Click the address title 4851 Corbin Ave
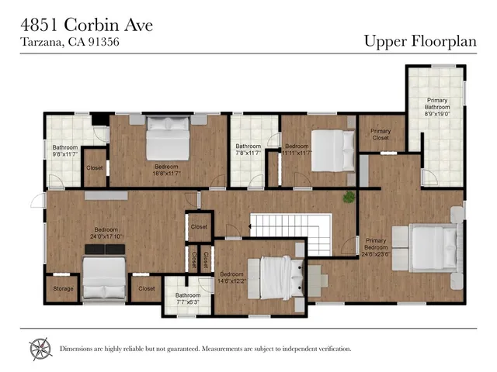pyautogui.click(x=85, y=25)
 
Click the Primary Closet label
pyautogui.click(x=381, y=136)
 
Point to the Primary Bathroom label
pyautogui.click(x=436, y=107)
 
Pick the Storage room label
pyautogui.click(x=63, y=288)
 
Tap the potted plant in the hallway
pyautogui.click(x=349, y=197)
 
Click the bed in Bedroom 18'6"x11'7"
pyautogui.click(x=169, y=137)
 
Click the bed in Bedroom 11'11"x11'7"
pyautogui.click(x=332, y=149)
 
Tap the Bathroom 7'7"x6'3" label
pyautogui.click(x=187, y=298)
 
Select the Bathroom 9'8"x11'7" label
pyautogui.click(x=65, y=151)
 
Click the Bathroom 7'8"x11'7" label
pyautogui.click(x=248, y=150)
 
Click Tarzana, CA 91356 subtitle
pyautogui.click(x=70, y=43)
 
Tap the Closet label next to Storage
pyautogui.click(x=147, y=288)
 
